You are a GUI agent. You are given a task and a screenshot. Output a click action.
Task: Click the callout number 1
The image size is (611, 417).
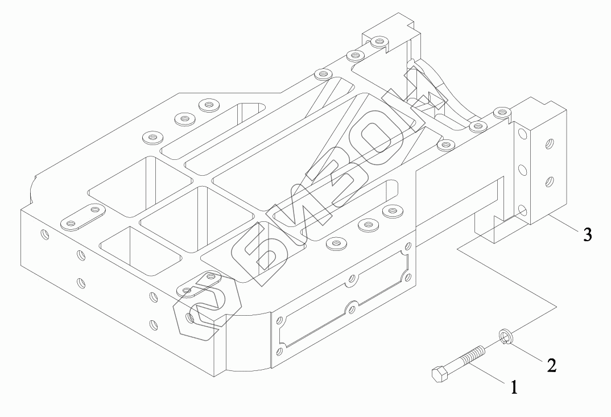click(514, 388)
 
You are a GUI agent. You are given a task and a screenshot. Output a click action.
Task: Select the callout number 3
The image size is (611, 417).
click(587, 234)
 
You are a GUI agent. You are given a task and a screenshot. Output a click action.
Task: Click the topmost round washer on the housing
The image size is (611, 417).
click(378, 41)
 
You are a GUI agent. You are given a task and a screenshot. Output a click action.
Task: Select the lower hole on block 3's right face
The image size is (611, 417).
click(548, 182)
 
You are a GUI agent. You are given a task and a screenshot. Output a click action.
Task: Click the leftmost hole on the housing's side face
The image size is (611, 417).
click(46, 233)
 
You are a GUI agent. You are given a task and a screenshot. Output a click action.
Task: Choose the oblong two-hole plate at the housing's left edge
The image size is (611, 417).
click(83, 216)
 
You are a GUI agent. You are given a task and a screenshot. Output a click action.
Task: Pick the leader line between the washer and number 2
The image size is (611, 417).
click(529, 352)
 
